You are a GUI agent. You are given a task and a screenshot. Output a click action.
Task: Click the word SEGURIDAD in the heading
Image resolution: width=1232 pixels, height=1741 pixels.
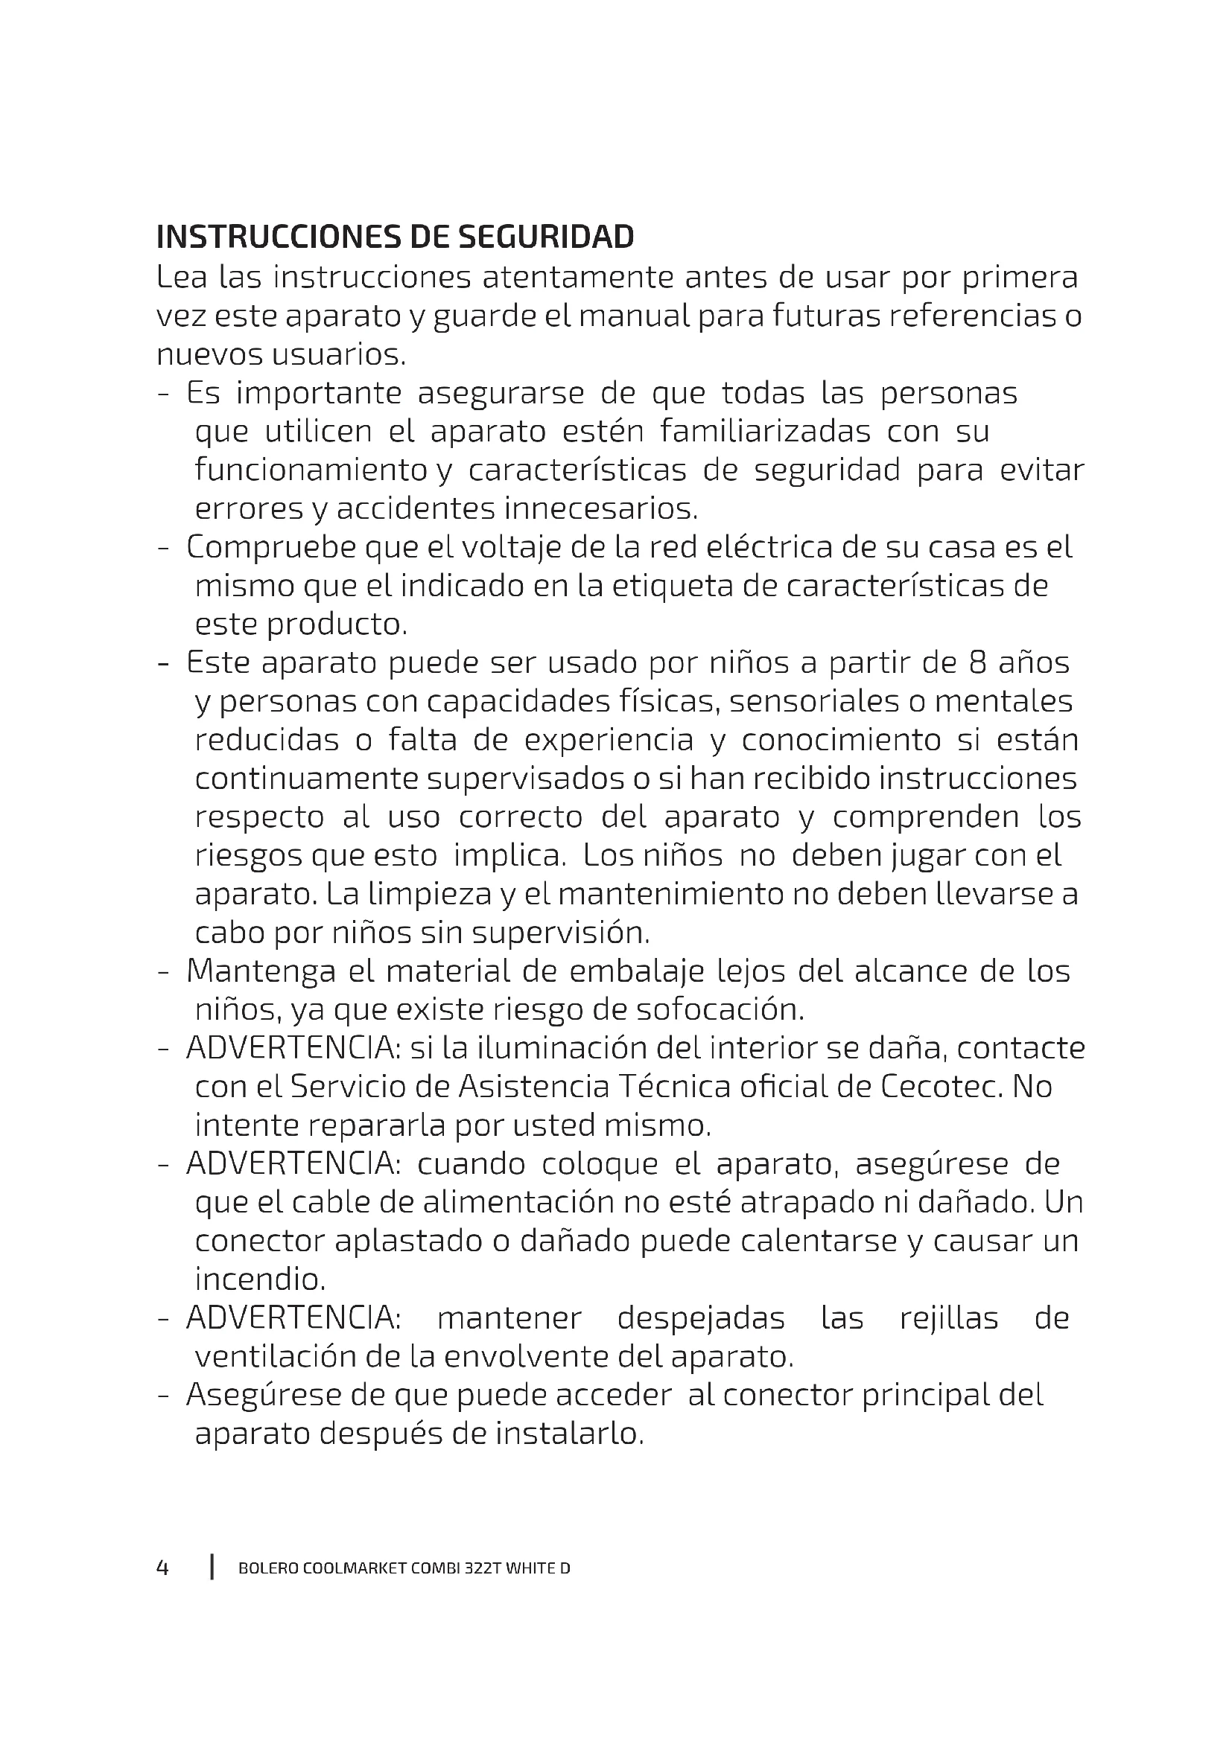pyautogui.click(x=545, y=238)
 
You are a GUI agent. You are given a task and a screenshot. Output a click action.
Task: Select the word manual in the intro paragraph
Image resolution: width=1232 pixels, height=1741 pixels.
pyautogui.click(x=634, y=316)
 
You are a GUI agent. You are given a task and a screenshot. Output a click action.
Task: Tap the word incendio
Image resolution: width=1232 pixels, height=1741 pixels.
pyautogui.click(x=259, y=1280)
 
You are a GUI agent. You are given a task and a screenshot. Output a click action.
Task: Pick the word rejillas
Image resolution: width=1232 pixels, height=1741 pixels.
pyautogui.click(x=949, y=1319)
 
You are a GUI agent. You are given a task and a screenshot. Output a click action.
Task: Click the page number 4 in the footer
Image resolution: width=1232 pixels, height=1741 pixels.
pyautogui.click(x=162, y=1568)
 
